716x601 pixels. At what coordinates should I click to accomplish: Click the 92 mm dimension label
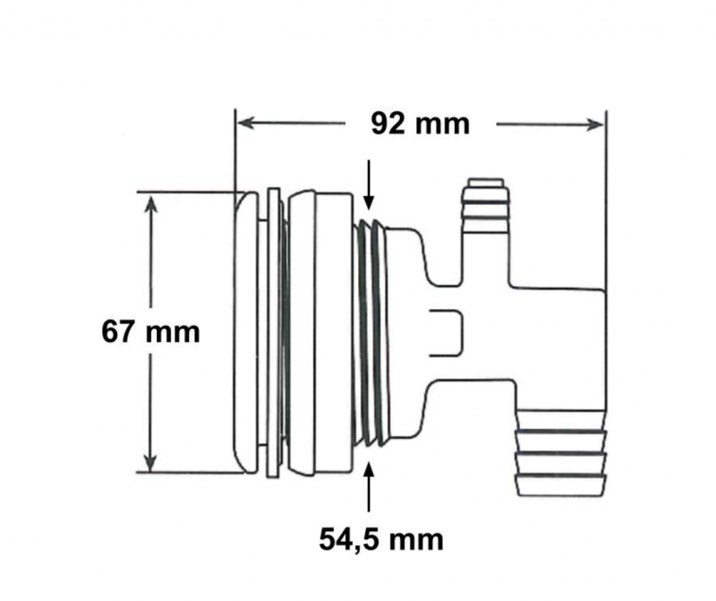[420, 124]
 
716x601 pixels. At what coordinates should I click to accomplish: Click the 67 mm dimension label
[150, 331]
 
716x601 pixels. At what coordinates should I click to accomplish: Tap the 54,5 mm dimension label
[381, 540]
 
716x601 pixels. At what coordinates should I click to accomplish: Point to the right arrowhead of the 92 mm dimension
[594, 124]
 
